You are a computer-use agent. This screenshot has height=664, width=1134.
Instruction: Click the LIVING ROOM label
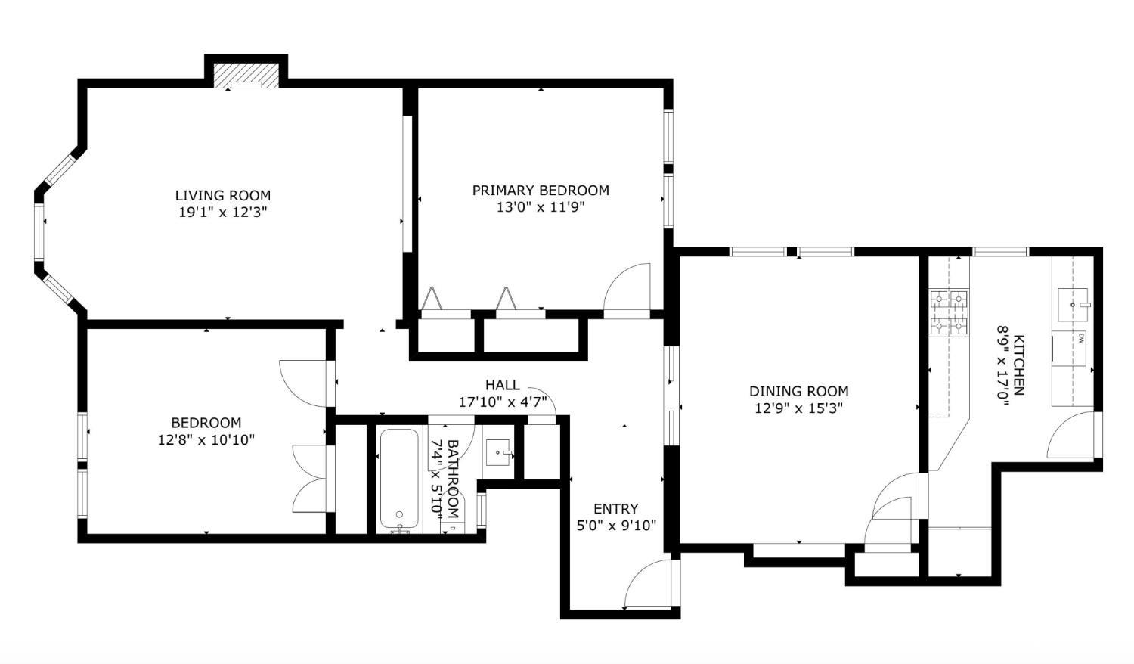[x=223, y=196]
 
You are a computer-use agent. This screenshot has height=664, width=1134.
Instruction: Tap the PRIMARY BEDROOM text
[x=541, y=191]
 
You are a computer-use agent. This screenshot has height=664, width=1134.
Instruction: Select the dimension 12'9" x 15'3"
[x=799, y=408]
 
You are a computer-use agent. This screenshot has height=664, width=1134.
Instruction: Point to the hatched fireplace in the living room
[x=246, y=76]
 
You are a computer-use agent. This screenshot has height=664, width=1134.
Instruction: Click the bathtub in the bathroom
[x=399, y=479]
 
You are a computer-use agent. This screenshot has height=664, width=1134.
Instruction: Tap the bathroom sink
[x=498, y=452]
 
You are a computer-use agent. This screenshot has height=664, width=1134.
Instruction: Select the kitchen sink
[x=1072, y=305]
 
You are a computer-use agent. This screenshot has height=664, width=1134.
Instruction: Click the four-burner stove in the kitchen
[x=948, y=312]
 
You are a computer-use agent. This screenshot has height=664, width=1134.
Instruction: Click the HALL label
[x=502, y=386]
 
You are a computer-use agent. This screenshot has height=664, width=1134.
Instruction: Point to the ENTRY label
[x=616, y=508]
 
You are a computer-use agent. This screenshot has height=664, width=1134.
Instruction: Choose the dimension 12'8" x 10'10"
[x=206, y=439]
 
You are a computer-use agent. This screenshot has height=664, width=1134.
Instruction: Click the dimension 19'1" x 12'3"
[x=223, y=213]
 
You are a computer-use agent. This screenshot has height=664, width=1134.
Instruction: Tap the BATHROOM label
[x=453, y=479]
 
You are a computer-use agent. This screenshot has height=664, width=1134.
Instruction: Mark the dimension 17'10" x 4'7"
[x=502, y=402]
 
